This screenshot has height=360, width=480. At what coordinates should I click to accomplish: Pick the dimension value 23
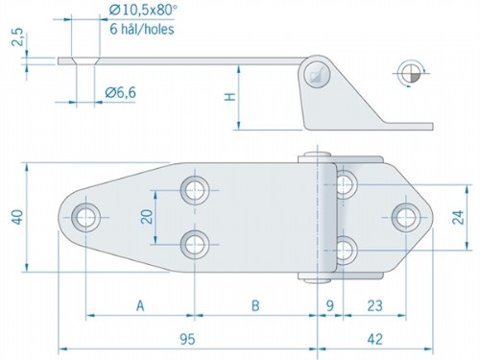tap(373, 306)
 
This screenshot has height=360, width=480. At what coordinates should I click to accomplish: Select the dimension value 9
tap(330, 306)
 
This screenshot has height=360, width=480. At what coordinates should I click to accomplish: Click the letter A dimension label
tap(140, 306)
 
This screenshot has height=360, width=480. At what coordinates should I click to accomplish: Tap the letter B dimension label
tap(255, 306)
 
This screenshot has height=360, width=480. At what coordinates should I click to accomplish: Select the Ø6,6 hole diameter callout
tap(126, 92)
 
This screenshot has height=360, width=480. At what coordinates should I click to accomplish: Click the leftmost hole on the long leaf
tap(86, 216)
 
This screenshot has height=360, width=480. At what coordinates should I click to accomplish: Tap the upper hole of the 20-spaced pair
tap(197, 187)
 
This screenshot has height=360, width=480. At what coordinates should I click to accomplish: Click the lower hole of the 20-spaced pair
tap(197, 243)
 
